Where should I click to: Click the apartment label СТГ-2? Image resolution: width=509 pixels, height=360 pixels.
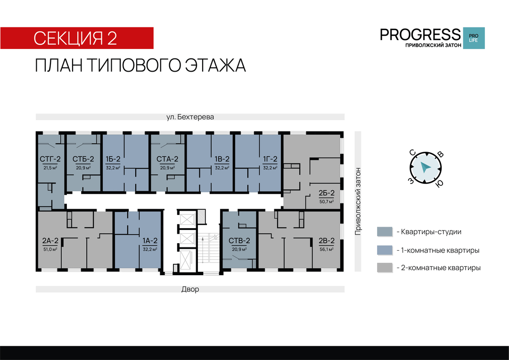(x=50, y=159)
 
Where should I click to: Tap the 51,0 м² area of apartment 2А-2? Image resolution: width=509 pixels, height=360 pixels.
(x=50, y=249)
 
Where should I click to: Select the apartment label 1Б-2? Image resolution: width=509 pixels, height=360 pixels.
(x=113, y=159)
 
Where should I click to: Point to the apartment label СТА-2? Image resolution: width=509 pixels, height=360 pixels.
(x=167, y=159)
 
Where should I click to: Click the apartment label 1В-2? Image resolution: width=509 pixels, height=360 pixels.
(x=222, y=159)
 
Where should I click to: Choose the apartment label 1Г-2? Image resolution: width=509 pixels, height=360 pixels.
(x=270, y=159)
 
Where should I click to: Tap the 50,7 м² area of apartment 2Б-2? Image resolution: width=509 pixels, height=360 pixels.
(x=327, y=202)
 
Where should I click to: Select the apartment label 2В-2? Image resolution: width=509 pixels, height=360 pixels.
(x=327, y=241)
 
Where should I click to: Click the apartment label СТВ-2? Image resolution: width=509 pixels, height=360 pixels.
(x=239, y=241)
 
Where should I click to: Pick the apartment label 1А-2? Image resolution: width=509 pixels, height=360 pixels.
(x=150, y=241)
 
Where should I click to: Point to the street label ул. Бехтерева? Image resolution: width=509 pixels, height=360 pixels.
(x=190, y=117)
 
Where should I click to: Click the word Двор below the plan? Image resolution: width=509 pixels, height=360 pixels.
(x=190, y=289)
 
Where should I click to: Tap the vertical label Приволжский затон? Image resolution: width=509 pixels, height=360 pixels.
(x=358, y=201)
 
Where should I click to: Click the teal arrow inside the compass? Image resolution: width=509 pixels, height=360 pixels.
(x=425, y=167)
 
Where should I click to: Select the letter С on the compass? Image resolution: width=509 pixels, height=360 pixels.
(x=412, y=153)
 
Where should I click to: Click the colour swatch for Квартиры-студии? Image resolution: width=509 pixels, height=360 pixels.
(x=385, y=232)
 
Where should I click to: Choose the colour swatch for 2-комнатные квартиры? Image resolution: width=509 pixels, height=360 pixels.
(x=385, y=268)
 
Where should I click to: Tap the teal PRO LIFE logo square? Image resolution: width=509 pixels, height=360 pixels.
(x=474, y=38)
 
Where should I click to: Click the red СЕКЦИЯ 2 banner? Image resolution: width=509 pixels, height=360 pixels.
(x=77, y=38)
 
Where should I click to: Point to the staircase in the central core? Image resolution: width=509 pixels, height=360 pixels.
(x=209, y=250)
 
